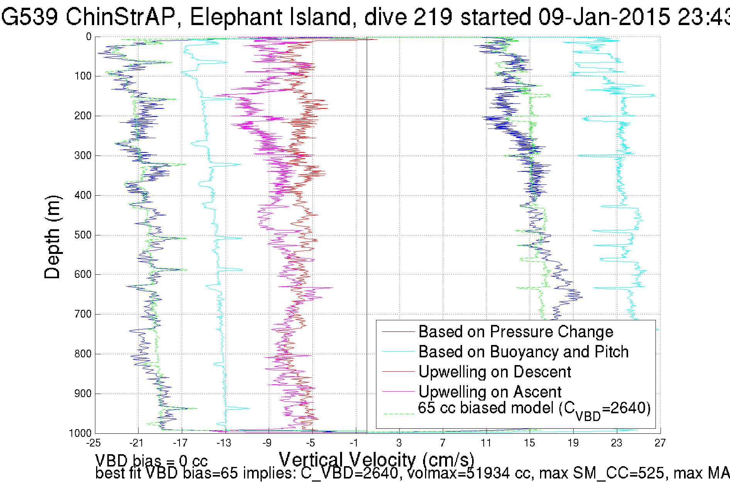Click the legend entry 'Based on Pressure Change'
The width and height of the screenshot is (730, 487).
(515, 332)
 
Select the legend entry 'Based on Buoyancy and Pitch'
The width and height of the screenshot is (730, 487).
(523, 352)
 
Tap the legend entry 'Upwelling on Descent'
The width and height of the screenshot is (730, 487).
(495, 372)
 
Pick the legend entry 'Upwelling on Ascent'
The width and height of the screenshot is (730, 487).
(489, 392)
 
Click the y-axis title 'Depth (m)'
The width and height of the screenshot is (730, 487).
(53, 237)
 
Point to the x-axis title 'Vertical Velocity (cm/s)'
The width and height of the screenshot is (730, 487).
(376, 460)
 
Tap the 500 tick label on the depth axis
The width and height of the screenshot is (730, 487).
(83, 235)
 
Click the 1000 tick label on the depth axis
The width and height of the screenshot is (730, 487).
(80, 433)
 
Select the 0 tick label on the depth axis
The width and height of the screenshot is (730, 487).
(89, 37)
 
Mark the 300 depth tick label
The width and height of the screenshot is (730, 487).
(83, 156)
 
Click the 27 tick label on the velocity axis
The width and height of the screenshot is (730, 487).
(660, 443)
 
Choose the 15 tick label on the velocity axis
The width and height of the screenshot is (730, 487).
(529, 443)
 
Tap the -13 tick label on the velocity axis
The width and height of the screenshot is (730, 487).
(224, 443)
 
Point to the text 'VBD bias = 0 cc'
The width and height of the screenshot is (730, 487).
(151, 461)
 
